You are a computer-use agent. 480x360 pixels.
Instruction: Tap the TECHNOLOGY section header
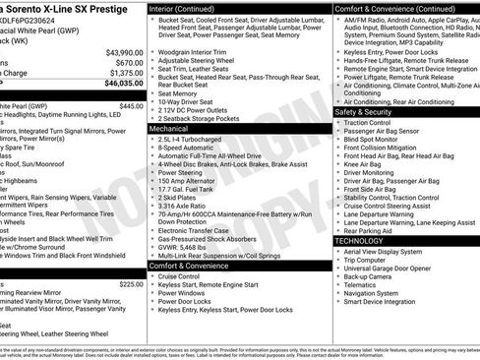358,240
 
